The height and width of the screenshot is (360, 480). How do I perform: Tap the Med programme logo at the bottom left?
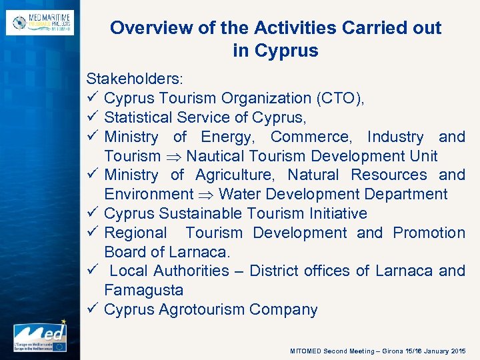(39, 337)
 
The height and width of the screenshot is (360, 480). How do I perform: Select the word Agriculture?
(236, 175)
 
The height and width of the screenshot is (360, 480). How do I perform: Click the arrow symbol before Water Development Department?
(205, 195)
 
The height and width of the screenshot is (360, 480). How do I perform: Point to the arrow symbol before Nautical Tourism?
(173, 157)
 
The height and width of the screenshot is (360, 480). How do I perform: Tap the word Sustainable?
(199, 214)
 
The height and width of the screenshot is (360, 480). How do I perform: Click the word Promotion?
(429, 233)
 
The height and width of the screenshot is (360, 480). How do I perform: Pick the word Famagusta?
(143, 291)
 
